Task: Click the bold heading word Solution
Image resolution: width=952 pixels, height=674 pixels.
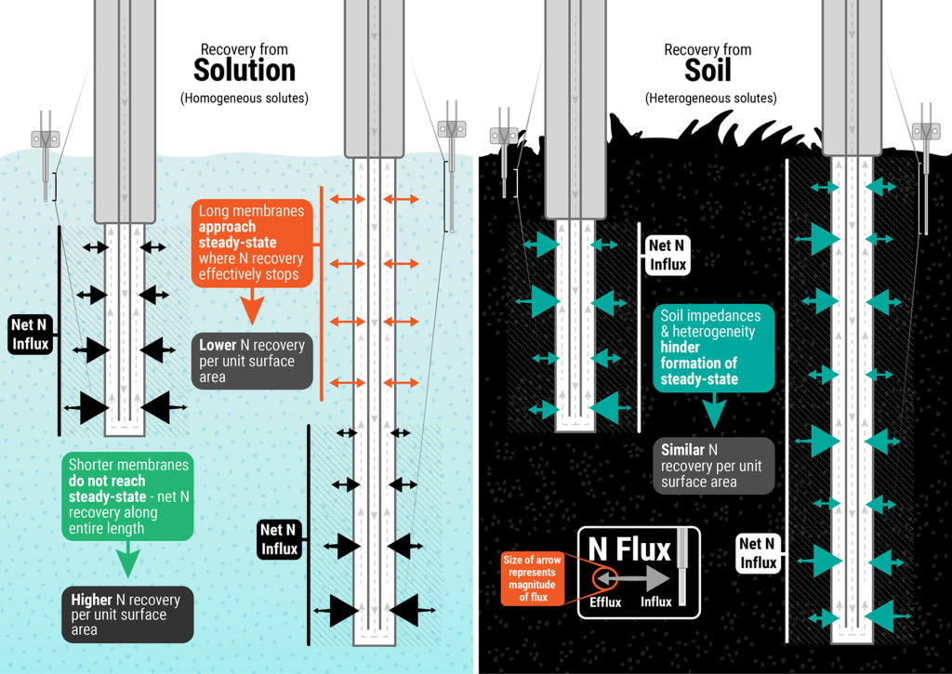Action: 245,71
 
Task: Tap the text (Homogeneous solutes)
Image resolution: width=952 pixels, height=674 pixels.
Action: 245,98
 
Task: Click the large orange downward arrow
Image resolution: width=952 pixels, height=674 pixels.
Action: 253,306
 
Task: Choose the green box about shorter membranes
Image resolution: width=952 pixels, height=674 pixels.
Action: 128,496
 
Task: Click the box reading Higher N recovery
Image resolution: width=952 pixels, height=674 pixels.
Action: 128,614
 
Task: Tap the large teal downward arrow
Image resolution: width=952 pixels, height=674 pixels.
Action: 713,412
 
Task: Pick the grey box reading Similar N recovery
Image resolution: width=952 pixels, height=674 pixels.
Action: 713,464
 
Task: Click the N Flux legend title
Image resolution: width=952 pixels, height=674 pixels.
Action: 630,549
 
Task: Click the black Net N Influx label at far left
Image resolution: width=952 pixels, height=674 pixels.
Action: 30,334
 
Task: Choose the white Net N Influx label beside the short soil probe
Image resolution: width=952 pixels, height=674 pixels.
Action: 667,255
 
